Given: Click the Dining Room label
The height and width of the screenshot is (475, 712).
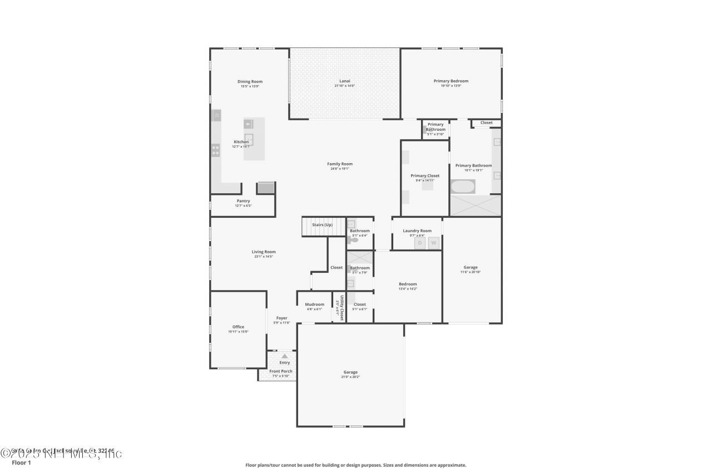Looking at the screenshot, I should [250, 81].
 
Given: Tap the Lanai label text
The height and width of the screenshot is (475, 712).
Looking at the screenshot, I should [344, 81].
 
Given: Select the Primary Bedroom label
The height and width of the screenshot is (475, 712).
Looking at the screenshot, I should [451, 81].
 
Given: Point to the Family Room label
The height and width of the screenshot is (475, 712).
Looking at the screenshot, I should [339, 164].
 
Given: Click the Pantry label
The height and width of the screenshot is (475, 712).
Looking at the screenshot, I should [243, 201].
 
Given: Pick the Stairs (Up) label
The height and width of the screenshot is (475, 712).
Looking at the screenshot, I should [322, 224].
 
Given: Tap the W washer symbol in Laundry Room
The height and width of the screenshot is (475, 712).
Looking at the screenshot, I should [433, 243].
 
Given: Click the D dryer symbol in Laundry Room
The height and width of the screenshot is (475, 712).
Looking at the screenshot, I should [420, 243].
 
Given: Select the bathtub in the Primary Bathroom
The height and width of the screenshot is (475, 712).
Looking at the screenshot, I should [462, 187].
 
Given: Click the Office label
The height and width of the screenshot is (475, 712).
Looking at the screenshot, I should [238, 327].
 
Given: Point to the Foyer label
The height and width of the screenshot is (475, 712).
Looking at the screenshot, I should [282, 318].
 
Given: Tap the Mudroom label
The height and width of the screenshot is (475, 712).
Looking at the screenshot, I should [314, 304].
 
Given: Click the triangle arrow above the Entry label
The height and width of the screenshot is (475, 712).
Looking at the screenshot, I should [285, 356].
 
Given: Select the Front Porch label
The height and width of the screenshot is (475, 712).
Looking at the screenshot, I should [281, 371].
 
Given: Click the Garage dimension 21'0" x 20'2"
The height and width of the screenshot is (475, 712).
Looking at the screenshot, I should [350, 377].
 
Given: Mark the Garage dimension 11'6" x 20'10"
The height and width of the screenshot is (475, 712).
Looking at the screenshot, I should [471, 272].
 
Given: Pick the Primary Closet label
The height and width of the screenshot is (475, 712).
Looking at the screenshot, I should [425, 175].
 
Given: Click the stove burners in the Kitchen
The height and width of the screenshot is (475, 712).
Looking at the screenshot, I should [215, 150].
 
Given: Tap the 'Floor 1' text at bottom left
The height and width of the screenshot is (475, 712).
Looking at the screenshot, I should [21, 462].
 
